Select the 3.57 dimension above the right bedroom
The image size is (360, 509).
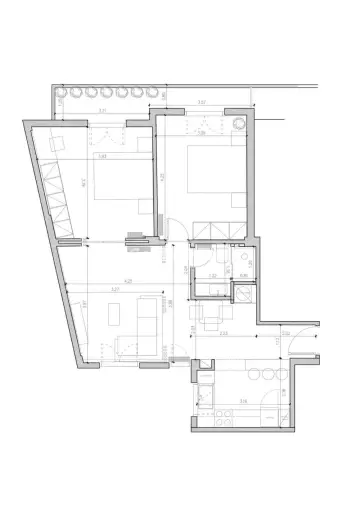(201, 103)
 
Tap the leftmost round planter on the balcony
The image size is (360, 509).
(59, 94)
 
